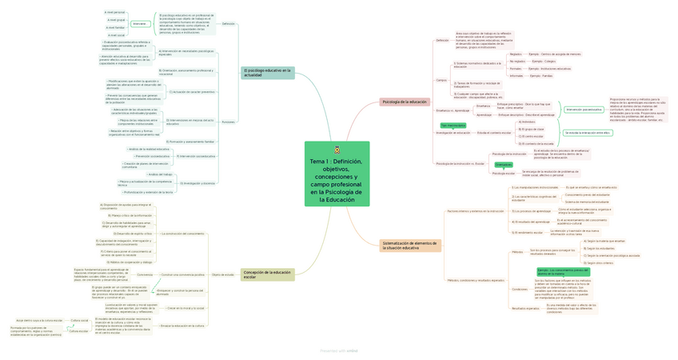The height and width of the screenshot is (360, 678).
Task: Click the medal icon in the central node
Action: (x=337, y=150)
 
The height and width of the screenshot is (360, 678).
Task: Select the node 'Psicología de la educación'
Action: (x=405, y=102)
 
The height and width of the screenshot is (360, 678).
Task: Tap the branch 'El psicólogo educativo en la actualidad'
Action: (x=268, y=73)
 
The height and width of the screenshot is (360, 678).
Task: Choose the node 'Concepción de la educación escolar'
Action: (x=267, y=274)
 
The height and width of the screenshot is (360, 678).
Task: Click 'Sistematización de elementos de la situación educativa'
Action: (x=409, y=246)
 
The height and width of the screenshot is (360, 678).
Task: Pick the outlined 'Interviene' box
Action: (x=139, y=24)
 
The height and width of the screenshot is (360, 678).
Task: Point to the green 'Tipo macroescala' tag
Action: (x=452, y=125)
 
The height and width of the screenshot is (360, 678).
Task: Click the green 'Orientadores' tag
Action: (x=504, y=165)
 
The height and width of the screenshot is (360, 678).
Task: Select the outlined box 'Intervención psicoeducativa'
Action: (x=584, y=110)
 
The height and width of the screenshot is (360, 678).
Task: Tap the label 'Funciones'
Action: (x=228, y=122)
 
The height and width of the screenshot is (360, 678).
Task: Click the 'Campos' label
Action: (x=441, y=80)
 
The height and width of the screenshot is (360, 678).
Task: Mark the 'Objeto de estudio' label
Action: (x=223, y=274)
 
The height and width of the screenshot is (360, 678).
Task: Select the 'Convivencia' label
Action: (x=145, y=274)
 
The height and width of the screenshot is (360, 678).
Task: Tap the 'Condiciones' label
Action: (x=520, y=289)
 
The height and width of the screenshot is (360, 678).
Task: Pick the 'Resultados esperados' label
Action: (x=525, y=307)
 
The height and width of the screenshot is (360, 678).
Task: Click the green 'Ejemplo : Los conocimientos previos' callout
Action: (x=564, y=271)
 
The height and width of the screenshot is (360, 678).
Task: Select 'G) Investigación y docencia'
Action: (x=197, y=183)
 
